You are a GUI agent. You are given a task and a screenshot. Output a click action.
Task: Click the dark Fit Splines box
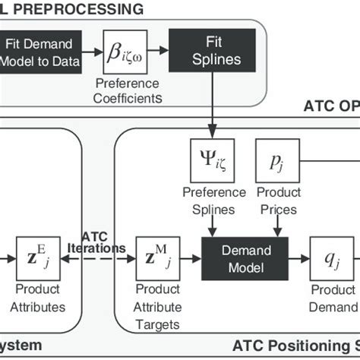click(x=214, y=52)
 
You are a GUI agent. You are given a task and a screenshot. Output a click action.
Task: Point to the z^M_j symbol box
click(x=156, y=258)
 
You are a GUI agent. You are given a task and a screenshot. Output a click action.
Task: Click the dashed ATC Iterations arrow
click(x=99, y=260)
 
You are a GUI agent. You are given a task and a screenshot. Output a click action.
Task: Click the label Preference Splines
click(x=212, y=199)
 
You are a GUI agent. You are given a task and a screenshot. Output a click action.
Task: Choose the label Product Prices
click(x=279, y=199)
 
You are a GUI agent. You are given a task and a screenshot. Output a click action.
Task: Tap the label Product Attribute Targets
click(x=157, y=308)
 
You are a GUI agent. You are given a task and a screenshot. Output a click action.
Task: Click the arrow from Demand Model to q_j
click(x=298, y=258)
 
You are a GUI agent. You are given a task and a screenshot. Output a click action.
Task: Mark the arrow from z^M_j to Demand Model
click(x=189, y=258)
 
